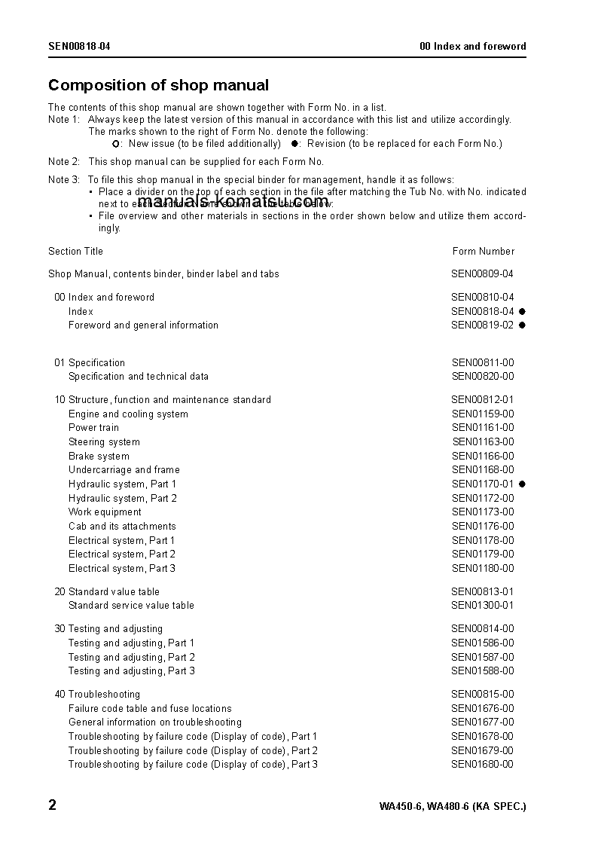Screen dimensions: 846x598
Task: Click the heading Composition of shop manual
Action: point(158,85)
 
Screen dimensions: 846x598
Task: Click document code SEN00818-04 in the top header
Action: point(79,47)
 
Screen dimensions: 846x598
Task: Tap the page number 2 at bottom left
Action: point(53,805)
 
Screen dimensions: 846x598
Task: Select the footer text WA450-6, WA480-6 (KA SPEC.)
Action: point(453,807)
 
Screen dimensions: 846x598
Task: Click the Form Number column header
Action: point(483,252)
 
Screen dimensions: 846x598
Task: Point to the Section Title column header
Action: point(75,252)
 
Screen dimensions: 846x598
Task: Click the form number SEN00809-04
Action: point(482,274)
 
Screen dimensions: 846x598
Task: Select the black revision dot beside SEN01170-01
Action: point(522,484)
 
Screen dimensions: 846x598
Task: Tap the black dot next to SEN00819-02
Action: point(522,325)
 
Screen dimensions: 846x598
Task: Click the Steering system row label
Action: point(104,442)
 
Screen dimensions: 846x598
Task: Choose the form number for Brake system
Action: point(483,457)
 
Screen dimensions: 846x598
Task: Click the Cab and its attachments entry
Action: point(122,527)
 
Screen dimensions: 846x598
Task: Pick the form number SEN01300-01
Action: point(483,606)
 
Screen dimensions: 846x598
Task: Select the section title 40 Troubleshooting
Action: point(96,695)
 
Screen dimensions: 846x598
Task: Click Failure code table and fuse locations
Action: point(150,709)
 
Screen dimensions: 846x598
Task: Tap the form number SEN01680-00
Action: point(483,765)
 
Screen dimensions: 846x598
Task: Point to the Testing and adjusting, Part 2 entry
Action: point(132,658)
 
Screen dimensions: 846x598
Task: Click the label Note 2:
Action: point(64,162)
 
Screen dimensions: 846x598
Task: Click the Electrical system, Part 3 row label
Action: point(122,569)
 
